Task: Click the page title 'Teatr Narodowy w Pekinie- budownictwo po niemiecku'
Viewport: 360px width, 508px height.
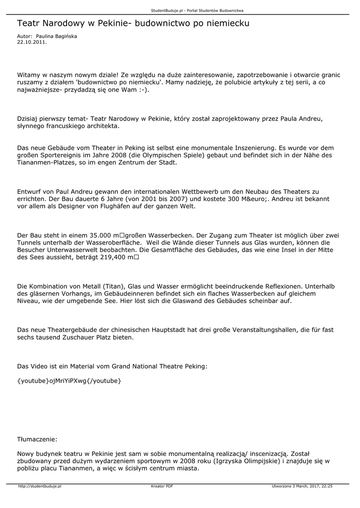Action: (133, 23)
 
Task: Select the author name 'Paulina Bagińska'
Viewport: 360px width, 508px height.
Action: (56, 37)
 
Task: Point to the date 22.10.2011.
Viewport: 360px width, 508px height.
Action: (32, 42)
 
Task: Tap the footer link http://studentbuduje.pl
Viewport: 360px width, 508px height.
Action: (39, 486)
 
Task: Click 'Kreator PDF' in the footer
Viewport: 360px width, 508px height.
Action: (162, 486)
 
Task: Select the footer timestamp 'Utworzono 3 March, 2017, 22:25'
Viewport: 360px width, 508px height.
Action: (302, 486)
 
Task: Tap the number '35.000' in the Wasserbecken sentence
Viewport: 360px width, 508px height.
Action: (100, 235)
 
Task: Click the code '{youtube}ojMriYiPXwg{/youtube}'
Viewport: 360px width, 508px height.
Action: (69, 381)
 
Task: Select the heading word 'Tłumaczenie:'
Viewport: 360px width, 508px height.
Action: (37, 439)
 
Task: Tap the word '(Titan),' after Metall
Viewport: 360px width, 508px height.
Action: (115, 287)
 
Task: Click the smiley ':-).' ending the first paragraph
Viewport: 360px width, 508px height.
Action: (144, 90)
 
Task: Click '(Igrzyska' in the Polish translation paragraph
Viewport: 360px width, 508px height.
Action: (230, 461)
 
